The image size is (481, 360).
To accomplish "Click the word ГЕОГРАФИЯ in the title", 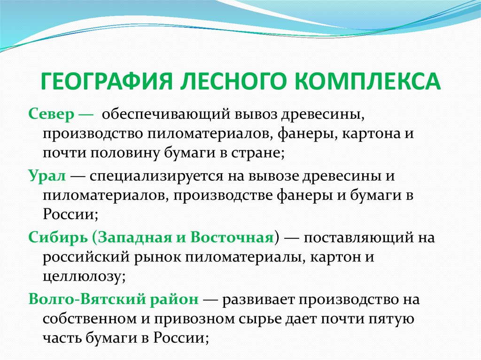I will (x=107, y=81).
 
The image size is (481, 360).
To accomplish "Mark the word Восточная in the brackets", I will (x=232, y=237).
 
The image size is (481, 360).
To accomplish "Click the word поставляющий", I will (x=358, y=237).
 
